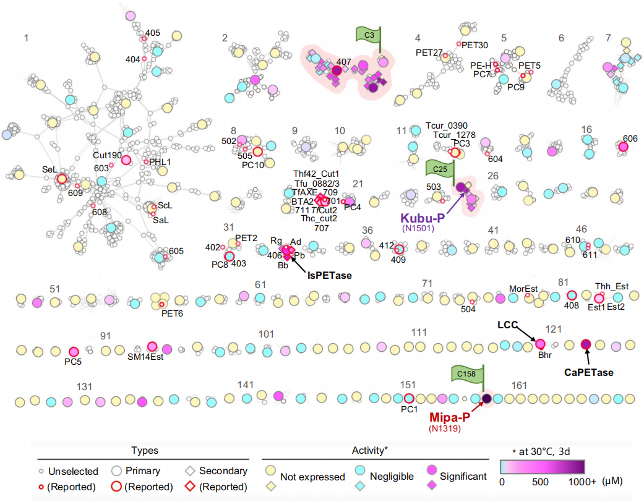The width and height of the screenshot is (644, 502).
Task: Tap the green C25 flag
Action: (440, 168)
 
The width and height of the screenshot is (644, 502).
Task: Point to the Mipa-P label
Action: (449, 417)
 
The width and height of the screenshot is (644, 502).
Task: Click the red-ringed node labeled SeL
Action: (62, 179)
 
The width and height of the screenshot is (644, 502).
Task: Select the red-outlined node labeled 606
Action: (623, 147)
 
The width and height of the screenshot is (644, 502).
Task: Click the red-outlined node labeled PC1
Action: (408, 398)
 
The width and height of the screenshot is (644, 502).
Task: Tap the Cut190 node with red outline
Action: (126, 160)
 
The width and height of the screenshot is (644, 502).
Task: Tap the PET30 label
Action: (474, 45)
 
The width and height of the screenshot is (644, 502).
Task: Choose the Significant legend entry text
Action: (463, 477)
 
